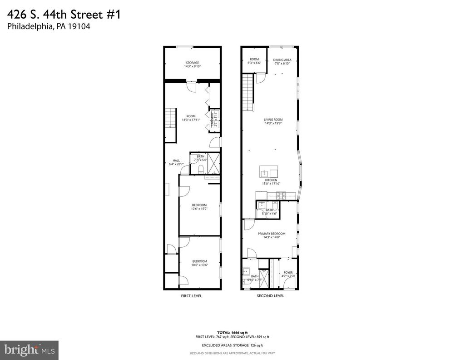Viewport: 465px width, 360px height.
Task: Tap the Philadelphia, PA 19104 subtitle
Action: tap(49, 27)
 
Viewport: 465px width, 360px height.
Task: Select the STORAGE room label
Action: tap(192, 65)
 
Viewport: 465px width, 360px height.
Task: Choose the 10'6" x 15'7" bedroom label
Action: tap(199, 207)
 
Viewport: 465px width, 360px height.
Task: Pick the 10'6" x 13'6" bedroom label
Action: tap(199, 263)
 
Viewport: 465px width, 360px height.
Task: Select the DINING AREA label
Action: tap(282, 61)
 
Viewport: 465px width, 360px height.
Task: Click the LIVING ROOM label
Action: tap(273, 121)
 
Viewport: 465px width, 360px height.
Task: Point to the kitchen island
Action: tap(268, 172)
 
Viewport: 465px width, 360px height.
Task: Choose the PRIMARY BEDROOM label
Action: tap(272, 235)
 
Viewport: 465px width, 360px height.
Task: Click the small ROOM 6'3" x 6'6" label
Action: tap(254, 61)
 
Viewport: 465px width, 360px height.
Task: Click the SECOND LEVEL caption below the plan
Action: tap(270, 296)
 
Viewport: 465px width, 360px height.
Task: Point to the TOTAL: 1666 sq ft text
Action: tap(232, 333)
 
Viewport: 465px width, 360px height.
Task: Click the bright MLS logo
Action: tap(29, 350)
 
